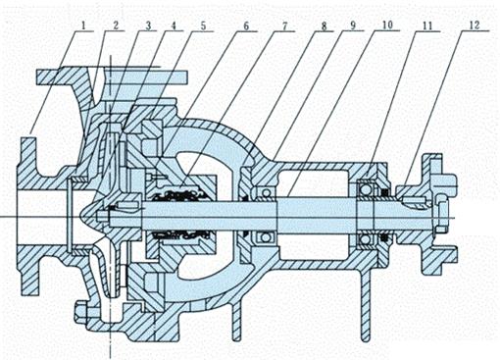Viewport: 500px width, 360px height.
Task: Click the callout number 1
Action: tap(83, 26)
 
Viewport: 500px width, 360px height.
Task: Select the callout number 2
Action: tap(115, 26)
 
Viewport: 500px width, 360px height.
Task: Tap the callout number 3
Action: tap(148, 26)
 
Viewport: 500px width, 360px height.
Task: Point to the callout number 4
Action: tap(174, 26)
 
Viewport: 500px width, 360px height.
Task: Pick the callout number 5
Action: tap(203, 26)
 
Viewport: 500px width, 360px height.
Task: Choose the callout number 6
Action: tap(246, 26)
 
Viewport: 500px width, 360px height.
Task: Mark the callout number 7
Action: tap(284, 26)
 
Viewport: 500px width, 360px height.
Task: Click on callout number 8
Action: tap(324, 26)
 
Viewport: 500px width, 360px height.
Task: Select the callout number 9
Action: tap(352, 26)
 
